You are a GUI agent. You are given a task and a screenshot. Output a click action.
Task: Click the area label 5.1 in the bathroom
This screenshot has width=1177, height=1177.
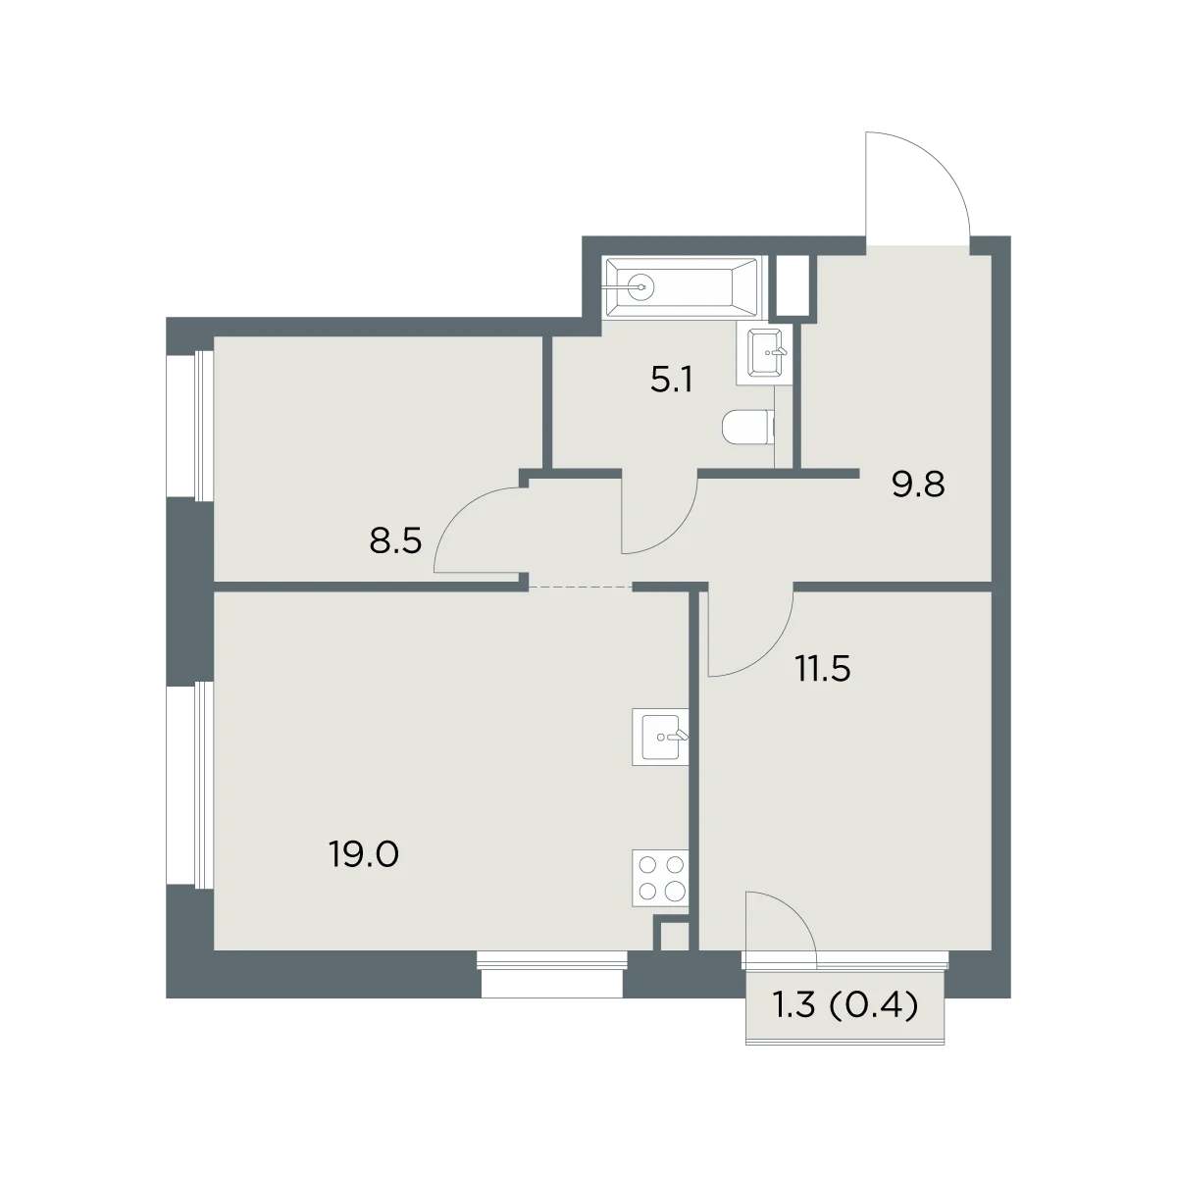pyautogui.click(x=671, y=381)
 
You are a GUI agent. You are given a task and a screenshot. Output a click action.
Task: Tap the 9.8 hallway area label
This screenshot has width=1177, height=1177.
pyautogui.click(x=918, y=485)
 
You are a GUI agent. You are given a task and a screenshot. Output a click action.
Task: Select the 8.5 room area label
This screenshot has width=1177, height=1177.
pyautogui.click(x=395, y=540)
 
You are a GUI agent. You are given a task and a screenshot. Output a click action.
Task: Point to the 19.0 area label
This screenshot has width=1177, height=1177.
pyautogui.click(x=364, y=853)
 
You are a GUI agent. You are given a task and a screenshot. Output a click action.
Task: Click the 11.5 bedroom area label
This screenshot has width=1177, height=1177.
pyautogui.click(x=822, y=670)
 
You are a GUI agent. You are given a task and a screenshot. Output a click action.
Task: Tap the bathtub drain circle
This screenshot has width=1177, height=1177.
pyautogui.click(x=640, y=285)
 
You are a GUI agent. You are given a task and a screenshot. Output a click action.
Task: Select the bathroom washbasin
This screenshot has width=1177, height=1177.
pyautogui.click(x=763, y=353)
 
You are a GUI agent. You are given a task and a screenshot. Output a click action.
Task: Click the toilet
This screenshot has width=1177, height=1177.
pyautogui.click(x=748, y=427)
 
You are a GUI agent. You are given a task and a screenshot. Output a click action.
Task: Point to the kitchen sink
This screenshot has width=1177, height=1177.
pyautogui.click(x=660, y=737)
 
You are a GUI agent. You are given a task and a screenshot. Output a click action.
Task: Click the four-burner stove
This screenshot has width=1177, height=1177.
pyautogui.click(x=660, y=878)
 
